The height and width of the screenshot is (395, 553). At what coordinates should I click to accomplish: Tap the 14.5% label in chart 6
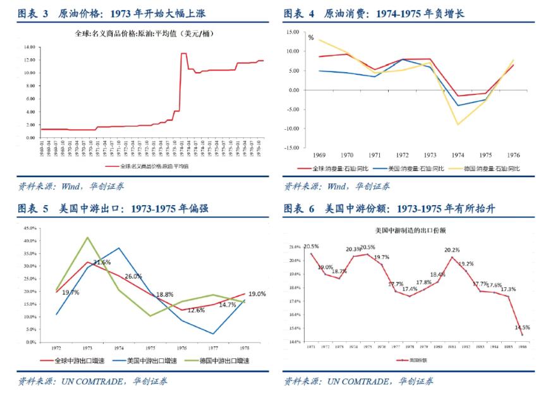[x=522, y=327]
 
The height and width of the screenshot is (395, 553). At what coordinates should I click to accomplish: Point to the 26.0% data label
[x=133, y=276]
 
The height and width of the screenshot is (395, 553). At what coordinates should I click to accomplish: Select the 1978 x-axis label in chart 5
[x=245, y=348]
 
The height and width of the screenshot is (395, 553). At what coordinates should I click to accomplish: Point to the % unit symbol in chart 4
[x=311, y=38]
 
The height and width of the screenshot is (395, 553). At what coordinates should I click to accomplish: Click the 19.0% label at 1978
[x=257, y=294]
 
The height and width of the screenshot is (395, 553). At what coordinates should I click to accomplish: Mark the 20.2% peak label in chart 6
[x=453, y=250]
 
